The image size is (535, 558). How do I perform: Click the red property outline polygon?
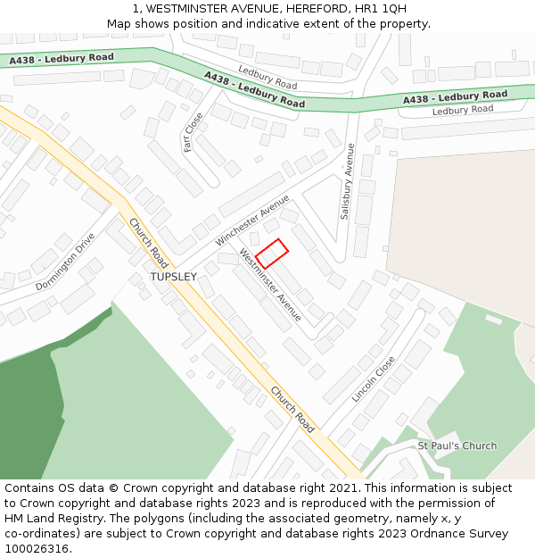(272, 254)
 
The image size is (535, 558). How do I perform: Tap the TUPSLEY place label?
(173, 277)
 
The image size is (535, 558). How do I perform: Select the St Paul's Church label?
(457, 446)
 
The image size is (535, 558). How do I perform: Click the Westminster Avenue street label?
(270, 285)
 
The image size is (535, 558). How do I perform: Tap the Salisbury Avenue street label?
(347, 181)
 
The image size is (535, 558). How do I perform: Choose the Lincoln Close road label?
(373, 379)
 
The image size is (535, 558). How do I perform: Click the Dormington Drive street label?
(65, 262)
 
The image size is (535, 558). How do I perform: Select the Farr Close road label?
(193, 131)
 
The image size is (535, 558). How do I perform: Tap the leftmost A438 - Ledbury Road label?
(62, 59)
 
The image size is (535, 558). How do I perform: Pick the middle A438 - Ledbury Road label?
(254, 90)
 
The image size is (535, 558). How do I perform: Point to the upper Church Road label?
(148, 243)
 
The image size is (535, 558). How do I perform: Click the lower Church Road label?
(292, 410)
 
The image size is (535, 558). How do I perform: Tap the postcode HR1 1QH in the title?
(380, 9)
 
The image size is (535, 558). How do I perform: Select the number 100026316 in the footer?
(37, 548)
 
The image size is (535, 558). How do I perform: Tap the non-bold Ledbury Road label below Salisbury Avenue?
(462, 110)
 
